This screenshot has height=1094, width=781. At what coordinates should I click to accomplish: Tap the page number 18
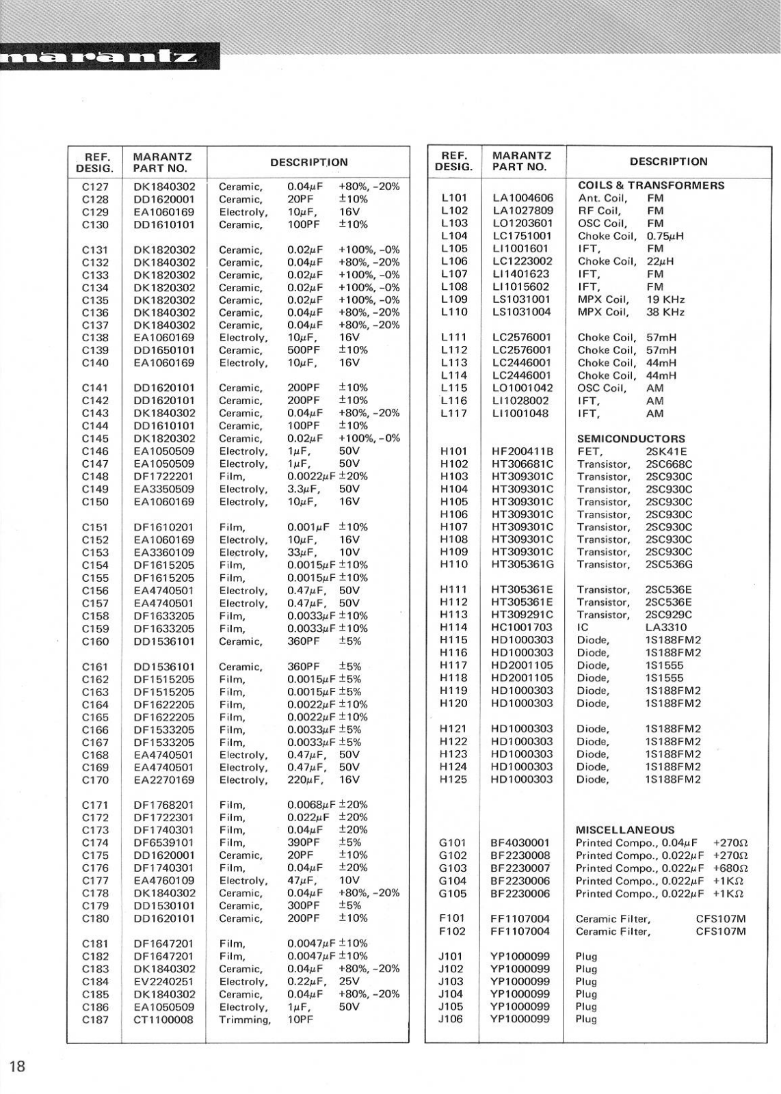coord(18,1065)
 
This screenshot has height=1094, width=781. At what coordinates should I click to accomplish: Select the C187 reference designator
coord(95,1019)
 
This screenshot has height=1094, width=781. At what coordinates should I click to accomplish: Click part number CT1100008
coord(163,1019)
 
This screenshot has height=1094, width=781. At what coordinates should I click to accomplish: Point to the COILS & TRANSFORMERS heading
coord(651,185)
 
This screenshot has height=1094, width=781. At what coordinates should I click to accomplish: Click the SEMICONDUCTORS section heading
coord(631,439)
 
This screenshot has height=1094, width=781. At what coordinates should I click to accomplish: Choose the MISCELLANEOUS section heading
coord(625,830)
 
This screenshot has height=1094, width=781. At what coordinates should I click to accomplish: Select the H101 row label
coord(454,451)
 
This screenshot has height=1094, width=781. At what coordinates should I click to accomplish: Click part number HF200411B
coord(522,451)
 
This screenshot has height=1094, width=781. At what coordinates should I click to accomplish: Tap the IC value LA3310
coord(666,627)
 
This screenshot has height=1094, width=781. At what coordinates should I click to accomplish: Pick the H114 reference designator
coord(454,627)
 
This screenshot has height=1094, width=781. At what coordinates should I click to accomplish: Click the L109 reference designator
coord(454,299)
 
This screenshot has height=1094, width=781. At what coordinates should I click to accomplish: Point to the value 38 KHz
coord(665,312)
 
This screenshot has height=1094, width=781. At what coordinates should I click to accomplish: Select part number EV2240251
coord(163,981)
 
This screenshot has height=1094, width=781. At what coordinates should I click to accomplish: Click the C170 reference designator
coord(95,779)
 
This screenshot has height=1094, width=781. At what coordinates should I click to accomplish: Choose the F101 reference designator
coord(451,918)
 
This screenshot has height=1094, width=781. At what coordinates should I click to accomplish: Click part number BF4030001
coord(520,842)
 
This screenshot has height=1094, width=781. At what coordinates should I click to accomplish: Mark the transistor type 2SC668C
coord(669,464)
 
